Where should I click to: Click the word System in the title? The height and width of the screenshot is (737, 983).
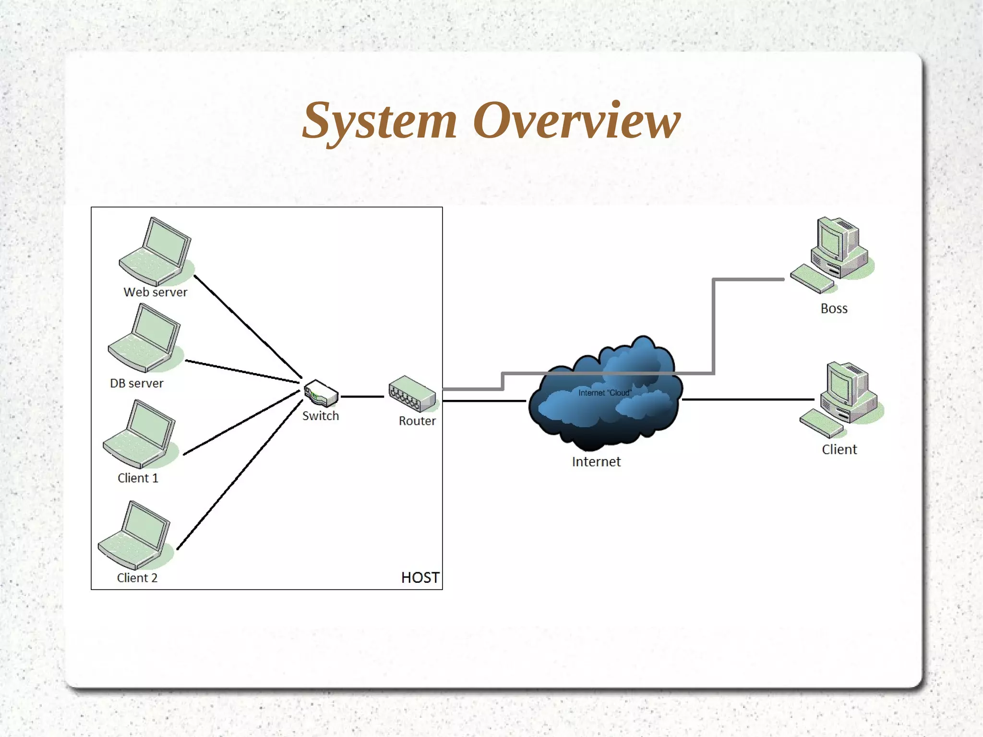[379, 121]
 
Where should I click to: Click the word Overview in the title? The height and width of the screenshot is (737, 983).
[576, 121]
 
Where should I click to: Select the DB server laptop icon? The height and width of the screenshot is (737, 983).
[144, 338]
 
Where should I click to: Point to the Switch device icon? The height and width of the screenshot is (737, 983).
[321, 393]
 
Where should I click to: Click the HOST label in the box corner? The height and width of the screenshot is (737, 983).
[420, 577]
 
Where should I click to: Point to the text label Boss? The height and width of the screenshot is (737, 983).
[834, 308]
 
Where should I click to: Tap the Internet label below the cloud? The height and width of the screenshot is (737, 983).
[596, 461]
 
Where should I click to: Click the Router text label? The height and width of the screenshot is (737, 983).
[417, 421]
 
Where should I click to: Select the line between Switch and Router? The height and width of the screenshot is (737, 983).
[362, 397]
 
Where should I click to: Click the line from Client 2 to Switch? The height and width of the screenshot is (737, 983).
[240, 475]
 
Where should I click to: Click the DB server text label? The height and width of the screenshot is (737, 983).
[137, 383]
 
